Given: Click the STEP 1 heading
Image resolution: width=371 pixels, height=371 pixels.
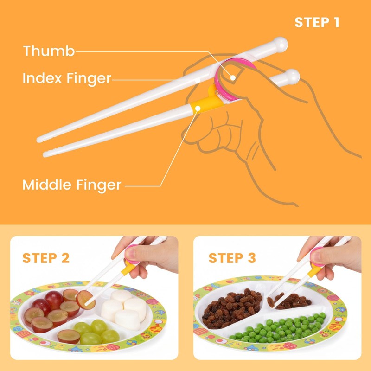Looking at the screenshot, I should (x=317, y=22).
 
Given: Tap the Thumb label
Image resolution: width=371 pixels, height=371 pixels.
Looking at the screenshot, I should (x=49, y=51).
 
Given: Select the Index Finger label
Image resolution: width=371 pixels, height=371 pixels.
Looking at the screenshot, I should (x=67, y=78).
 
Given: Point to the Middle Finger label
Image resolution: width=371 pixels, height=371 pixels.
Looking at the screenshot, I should (x=71, y=185).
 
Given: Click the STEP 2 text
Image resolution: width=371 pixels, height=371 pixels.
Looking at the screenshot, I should (x=46, y=258).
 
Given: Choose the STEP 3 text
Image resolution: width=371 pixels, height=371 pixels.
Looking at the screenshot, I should (x=232, y=258).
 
